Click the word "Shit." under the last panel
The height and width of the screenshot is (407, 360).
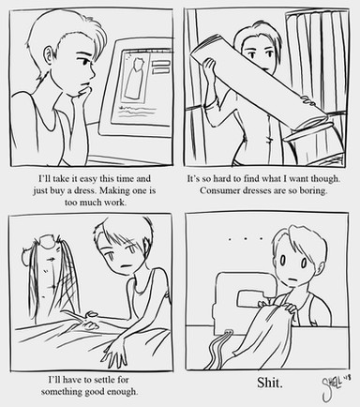point(270,383)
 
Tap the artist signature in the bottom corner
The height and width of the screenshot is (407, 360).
point(335,387)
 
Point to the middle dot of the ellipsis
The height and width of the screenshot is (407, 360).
point(246,239)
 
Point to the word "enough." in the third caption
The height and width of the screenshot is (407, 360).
point(122,392)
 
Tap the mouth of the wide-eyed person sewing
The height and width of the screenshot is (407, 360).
point(292,279)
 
